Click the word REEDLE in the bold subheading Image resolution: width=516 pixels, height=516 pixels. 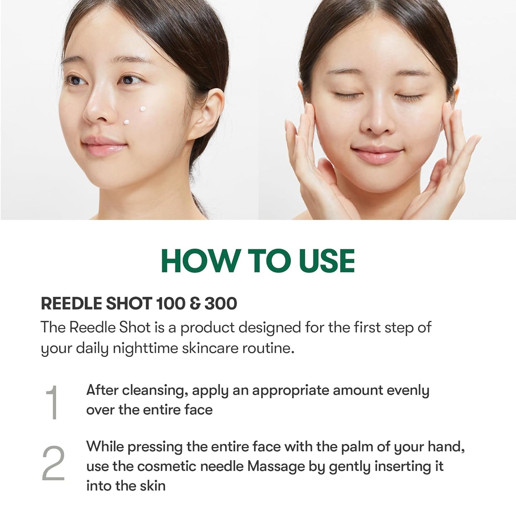pyautogui.click(x=71, y=304)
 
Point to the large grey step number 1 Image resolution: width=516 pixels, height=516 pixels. pyautogui.click(x=52, y=402)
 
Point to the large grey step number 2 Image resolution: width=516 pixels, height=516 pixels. pyautogui.click(x=54, y=463)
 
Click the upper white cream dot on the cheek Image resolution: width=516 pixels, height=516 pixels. pyautogui.click(x=142, y=109)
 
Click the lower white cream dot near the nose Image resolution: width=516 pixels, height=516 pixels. pyautogui.click(x=126, y=122)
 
